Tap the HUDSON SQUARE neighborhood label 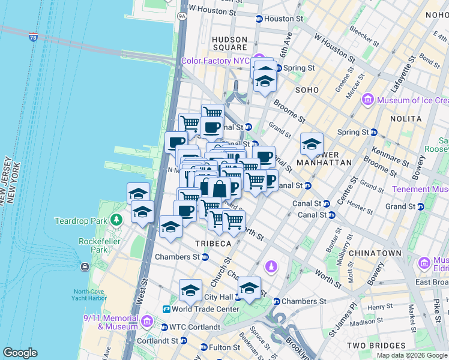pos(229,43)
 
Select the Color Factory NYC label pos(215,61)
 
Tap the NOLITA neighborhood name pos(407,119)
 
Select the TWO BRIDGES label pos(373,346)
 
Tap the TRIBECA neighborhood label pos(212,244)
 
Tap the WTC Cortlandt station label pos(194,327)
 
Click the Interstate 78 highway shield pos(33,37)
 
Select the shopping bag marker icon pos(220,188)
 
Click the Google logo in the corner pos(20,353)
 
